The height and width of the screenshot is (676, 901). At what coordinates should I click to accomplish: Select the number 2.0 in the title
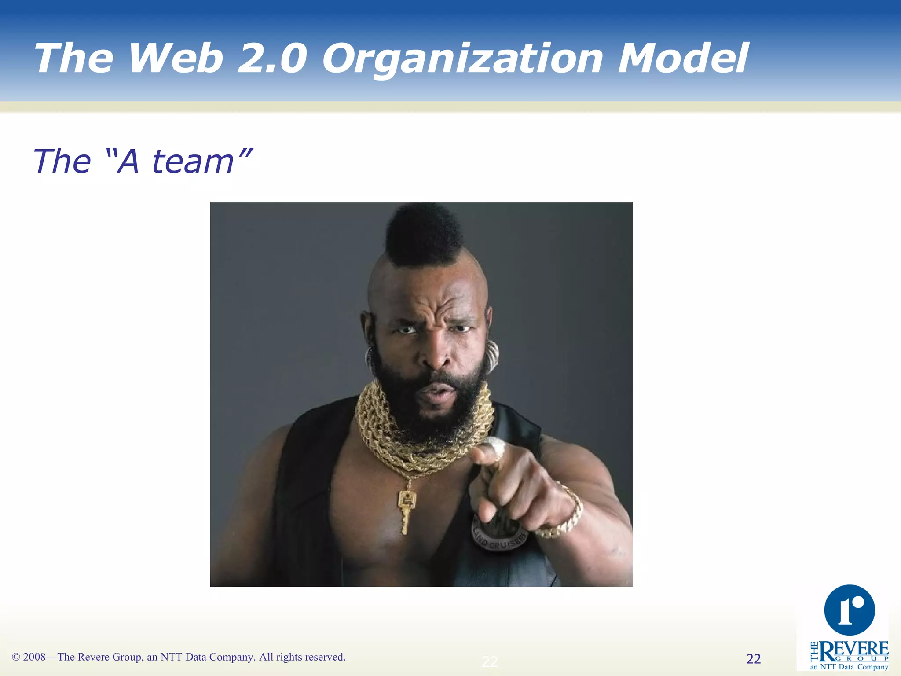point(272,58)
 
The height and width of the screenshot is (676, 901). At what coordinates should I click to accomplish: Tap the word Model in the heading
point(683,58)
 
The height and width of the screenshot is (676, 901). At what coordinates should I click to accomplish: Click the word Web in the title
point(176,58)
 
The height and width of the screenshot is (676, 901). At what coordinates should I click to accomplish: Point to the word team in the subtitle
point(193,162)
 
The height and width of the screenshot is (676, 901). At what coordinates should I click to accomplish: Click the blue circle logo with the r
point(849,610)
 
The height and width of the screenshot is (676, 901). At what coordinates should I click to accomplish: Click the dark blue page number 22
point(754,659)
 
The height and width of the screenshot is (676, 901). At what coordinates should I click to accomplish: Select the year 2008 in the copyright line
point(34,657)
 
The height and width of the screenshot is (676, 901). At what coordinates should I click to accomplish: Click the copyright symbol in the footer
point(16,657)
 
